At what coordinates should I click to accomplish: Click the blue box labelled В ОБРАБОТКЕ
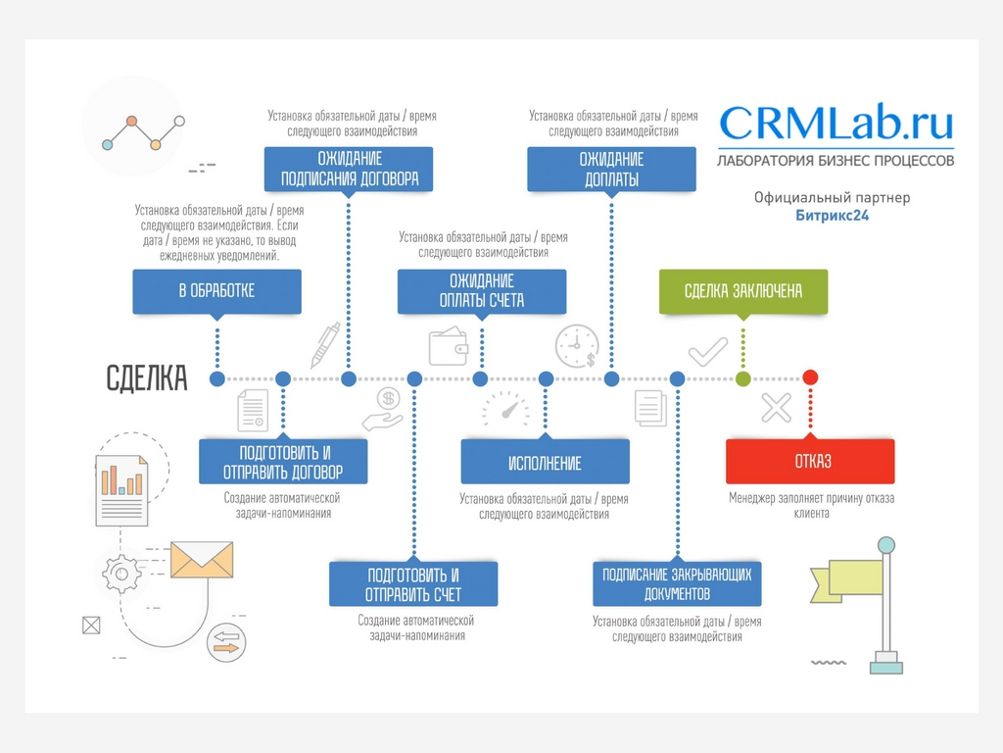(216, 291)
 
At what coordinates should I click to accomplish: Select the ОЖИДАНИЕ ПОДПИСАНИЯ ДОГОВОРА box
(349, 169)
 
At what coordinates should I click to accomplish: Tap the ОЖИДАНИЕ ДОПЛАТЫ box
(611, 169)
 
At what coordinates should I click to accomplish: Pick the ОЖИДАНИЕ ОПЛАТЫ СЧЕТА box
(481, 291)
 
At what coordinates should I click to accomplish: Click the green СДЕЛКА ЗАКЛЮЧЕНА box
(742, 291)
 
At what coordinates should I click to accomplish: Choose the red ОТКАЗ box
(809, 461)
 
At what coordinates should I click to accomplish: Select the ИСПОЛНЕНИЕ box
(545, 462)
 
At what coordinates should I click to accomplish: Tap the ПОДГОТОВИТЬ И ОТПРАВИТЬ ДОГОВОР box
(283, 461)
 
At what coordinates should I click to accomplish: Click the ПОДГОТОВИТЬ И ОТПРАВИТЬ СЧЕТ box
(413, 583)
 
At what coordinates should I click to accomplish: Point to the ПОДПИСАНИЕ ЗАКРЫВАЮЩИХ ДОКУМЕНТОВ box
(677, 583)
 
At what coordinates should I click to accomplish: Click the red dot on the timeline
(810, 377)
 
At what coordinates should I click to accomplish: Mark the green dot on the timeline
(743, 378)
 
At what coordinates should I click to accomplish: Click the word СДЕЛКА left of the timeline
(147, 378)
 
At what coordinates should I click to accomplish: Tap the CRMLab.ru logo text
(836, 124)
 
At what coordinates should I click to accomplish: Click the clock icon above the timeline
(577, 346)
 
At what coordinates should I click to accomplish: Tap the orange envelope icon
(202, 561)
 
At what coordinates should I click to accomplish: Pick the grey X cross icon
(776, 408)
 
